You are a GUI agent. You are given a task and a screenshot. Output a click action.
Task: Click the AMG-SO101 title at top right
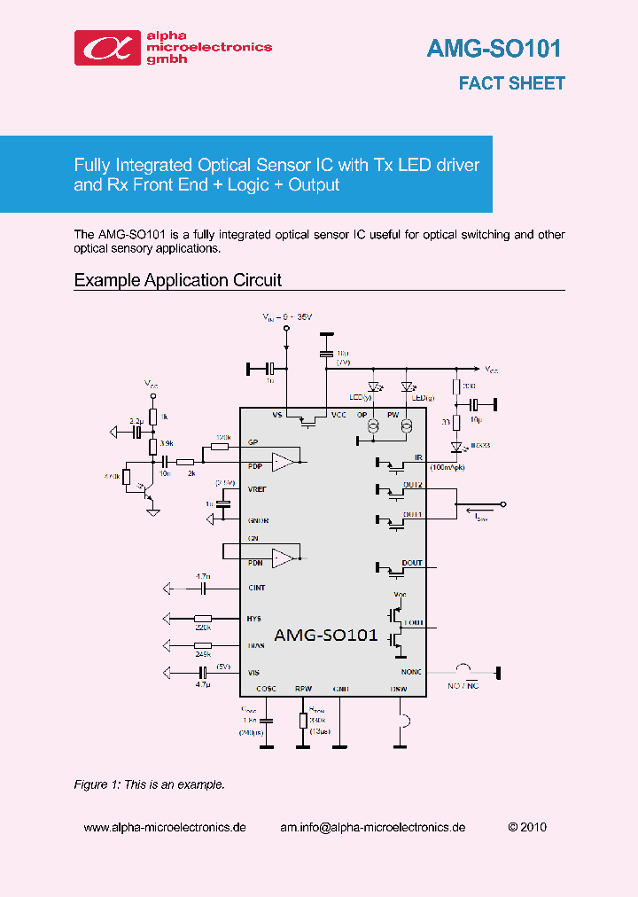click(494, 48)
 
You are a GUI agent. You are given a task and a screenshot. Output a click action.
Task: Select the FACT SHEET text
click(511, 83)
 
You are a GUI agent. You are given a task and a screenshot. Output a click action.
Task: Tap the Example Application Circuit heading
click(177, 280)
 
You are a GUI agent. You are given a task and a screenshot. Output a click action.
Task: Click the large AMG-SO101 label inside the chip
click(326, 636)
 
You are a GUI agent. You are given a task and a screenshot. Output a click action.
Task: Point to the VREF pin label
click(258, 489)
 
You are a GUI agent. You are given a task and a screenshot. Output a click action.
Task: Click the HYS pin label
click(254, 619)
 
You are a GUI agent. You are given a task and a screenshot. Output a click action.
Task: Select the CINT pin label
click(256, 588)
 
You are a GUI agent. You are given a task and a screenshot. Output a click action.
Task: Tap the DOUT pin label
click(412, 563)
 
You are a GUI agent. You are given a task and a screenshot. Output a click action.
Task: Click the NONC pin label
click(412, 672)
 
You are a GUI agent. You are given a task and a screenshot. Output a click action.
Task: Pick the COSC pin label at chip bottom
click(266, 689)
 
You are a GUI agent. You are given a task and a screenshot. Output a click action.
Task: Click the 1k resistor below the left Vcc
click(153, 417)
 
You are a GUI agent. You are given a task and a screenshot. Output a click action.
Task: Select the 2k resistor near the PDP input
click(185, 462)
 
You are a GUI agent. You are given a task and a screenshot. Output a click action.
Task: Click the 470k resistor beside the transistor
click(126, 479)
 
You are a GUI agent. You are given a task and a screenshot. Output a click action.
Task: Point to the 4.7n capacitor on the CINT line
click(203, 588)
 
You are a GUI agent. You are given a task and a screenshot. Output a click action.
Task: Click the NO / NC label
click(463, 685)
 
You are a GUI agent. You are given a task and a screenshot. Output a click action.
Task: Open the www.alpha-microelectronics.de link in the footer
click(165, 827)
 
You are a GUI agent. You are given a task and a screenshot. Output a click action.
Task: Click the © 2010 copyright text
click(527, 827)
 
